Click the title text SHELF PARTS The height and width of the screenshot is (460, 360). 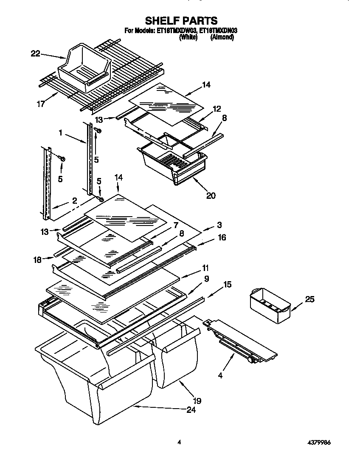181,20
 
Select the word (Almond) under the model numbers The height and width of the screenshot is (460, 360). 222,37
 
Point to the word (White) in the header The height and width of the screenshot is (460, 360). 188,37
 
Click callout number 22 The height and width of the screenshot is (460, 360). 35,53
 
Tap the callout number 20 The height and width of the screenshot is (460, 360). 211,195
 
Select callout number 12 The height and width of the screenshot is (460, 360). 217,109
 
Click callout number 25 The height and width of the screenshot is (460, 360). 310,299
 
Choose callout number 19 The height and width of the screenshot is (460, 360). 196,400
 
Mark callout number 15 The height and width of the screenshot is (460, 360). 228,284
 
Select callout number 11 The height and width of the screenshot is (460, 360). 205,268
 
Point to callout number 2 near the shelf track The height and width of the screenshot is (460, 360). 74,200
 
